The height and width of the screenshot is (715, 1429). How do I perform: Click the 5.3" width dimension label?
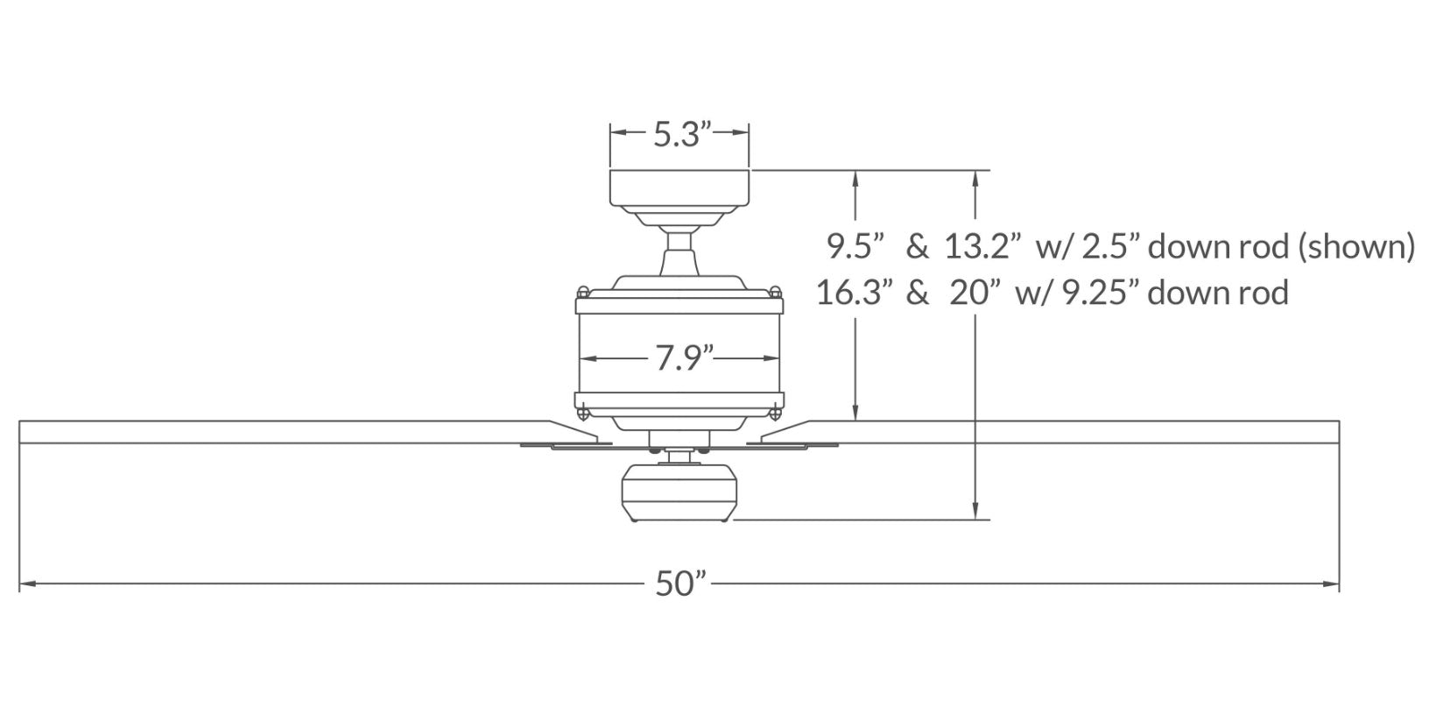(x=682, y=134)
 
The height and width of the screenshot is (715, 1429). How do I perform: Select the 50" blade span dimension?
(x=681, y=584)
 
